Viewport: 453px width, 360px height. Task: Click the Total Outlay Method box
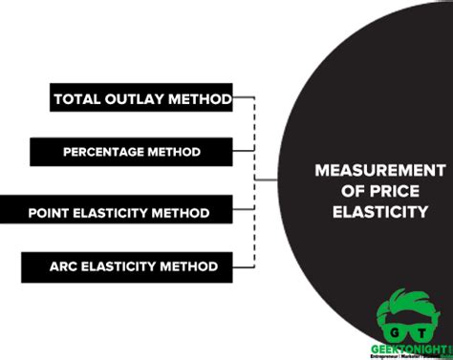[x=141, y=98]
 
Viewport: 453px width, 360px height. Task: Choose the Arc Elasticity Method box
[x=133, y=265]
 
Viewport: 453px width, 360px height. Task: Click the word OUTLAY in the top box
[x=128, y=98]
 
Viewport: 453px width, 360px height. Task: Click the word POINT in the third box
[x=48, y=210]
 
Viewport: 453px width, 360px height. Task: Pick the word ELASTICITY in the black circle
[x=379, y=211]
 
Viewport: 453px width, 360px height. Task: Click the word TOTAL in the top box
[x=75, y=98]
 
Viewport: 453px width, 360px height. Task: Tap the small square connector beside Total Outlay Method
[x=239, y=97]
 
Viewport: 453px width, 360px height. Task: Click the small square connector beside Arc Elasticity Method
[x=239, y=265]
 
